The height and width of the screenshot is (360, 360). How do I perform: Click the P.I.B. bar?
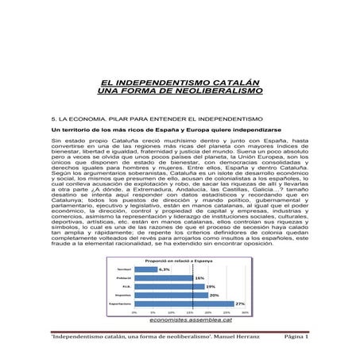pos(168,286)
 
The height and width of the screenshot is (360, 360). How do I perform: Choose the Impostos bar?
pos(170,295)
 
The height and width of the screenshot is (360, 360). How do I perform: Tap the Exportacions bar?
pos(183,304)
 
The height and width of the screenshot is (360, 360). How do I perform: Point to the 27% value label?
pos(239,304)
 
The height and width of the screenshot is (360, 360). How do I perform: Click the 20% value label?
pos(214,295)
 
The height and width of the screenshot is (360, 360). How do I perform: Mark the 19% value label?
pos(211,286)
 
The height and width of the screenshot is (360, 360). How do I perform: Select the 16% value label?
pos(199,278)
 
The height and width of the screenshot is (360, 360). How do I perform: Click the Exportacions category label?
pos(120,304)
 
